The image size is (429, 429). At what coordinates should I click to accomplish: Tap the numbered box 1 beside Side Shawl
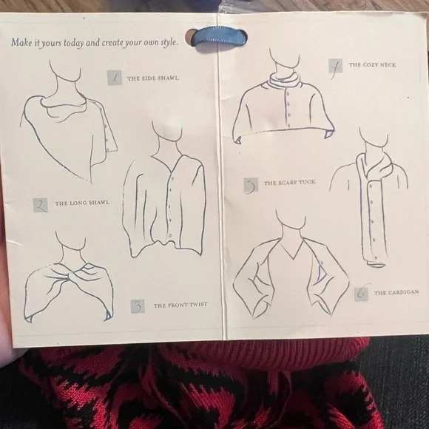coord(115,78)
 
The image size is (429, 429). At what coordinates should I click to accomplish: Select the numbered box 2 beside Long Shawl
coord(41,205)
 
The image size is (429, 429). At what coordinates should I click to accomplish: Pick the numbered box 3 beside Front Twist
coord(138,306)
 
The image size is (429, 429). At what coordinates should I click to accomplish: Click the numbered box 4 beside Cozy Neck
coord(335,66)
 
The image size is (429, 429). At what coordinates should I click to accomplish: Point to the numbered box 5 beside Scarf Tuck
coord(251,185)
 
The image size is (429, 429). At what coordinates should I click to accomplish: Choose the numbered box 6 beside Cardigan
coord(361,294)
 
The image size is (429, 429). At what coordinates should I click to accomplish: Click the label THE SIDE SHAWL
coord(152,78)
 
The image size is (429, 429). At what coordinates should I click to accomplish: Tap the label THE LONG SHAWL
coord(82,203)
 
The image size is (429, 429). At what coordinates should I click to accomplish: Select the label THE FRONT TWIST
coord(180,305)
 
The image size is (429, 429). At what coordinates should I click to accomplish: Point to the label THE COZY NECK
coord(372,65)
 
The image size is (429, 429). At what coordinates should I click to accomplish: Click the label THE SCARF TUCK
coord(289,183)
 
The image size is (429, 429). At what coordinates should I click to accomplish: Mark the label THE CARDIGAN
coord(396,292)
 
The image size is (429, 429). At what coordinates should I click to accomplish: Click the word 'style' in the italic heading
coord(169,43)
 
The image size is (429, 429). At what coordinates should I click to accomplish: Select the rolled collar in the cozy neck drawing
coord(285,80)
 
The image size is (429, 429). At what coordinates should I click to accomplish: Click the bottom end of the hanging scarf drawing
coord(376,263)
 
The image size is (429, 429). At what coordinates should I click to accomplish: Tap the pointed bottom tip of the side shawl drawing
coord(89,180)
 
